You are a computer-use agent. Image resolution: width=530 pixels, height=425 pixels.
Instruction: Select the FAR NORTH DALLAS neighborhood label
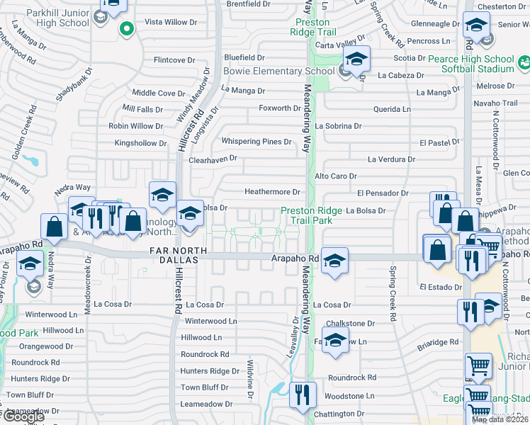coord(178,251)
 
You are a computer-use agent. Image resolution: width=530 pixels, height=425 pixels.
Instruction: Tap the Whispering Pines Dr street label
coord(256,142)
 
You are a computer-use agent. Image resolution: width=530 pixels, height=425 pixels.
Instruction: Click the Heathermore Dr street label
coord(273,192)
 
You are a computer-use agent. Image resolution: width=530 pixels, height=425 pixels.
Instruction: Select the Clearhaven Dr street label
coord(213,160)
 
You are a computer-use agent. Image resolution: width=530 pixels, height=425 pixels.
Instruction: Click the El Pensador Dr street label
coord(383,193)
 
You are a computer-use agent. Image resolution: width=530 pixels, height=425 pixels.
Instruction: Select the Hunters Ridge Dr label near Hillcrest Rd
coord(210,371)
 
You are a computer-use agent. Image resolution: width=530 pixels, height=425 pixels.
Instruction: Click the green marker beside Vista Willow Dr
coord(126,29)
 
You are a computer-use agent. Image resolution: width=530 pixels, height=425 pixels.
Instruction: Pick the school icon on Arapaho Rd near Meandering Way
coord(334,260)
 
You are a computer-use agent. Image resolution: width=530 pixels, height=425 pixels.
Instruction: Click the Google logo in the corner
coord(23,416)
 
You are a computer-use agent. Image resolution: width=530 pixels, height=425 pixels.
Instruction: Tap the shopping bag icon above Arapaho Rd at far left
coord(55,227)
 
